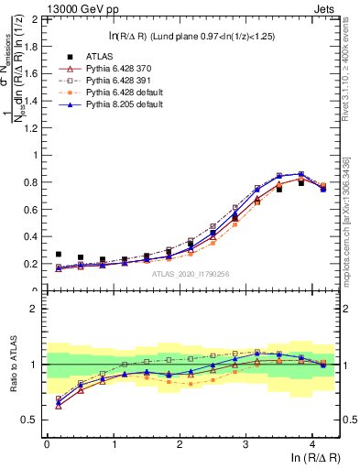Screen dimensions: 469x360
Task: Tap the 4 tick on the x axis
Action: point(312,444)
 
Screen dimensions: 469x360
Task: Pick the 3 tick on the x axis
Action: point(245,444)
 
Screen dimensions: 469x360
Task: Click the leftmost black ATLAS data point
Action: point(59,255)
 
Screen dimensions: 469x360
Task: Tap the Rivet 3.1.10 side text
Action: point(352,82)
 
